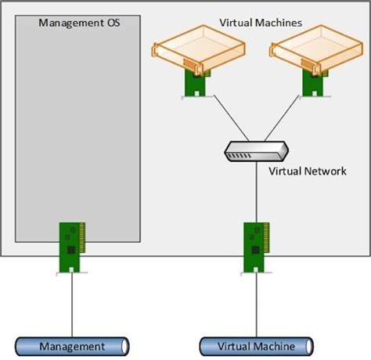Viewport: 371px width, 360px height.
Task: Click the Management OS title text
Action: pyautogui.click(x=77, y=22)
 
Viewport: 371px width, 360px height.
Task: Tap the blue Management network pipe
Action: pyautogui.click(x=72, y=346)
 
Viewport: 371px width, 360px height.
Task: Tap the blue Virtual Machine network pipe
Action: pyautogui.click(x=256, y=346)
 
